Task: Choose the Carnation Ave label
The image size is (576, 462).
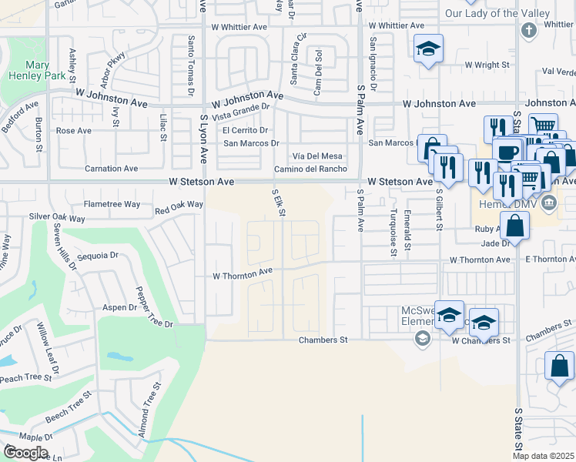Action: (112, 168)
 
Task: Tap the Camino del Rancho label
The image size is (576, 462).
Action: (311, 169)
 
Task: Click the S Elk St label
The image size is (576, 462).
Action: (280, 201)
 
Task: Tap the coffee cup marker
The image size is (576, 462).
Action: (507, 152)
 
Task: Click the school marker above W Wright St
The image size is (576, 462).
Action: (427, 50)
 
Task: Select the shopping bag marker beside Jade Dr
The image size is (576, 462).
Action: (517, 226)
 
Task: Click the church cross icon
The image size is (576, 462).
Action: (528, 31)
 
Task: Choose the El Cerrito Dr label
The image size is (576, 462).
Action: (245, 130)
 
